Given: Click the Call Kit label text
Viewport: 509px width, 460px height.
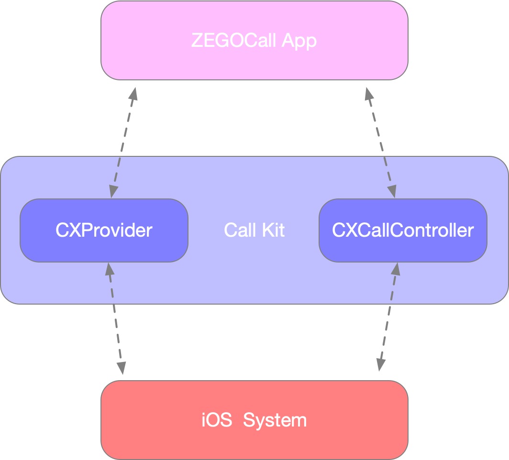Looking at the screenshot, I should point(254,230).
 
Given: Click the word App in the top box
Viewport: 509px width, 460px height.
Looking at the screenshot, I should point(299,41).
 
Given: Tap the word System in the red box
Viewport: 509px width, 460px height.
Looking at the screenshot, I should point(275,420).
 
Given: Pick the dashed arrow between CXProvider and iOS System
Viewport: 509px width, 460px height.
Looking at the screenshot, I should point(115,318).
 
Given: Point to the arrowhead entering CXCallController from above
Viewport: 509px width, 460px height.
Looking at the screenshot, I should point(391,191).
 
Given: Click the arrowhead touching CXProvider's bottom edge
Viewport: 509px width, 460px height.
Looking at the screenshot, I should point(110,269).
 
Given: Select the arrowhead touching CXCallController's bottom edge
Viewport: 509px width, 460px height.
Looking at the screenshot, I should point(395,269).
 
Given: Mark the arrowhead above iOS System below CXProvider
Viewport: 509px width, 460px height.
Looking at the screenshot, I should point(121,367).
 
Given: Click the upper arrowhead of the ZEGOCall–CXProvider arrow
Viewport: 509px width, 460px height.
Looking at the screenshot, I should point(133,93).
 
